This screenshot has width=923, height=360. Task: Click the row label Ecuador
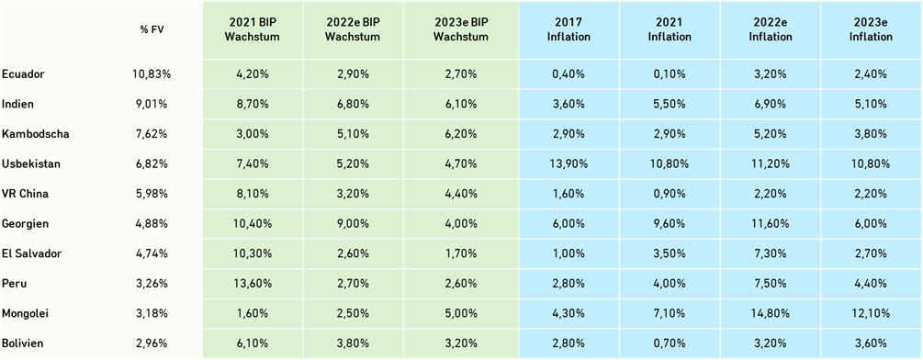tap(23, 73)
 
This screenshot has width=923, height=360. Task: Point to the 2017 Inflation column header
tap(568, 29)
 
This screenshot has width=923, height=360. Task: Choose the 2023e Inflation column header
tap(872, 29)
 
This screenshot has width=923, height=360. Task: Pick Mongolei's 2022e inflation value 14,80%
tap(771, 313)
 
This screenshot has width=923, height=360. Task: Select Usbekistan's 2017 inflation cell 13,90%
tap(568, 163)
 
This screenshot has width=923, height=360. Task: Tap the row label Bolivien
tap(24, 343)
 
